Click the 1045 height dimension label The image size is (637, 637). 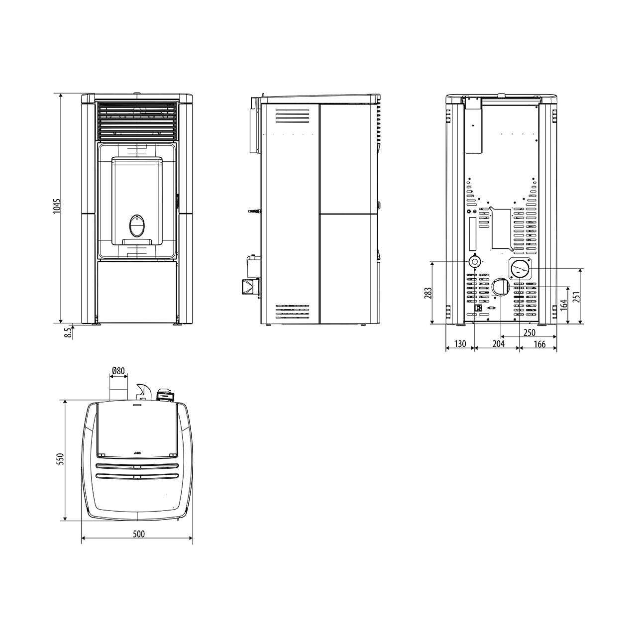pyautogui.click(x=57, y=206)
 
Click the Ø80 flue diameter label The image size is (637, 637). pyautogui.click(x=118, y=371)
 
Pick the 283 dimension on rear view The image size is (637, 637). pyautogui.click(x=428, y=293)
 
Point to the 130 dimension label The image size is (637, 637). pyautogui.click(x=460, y=344)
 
